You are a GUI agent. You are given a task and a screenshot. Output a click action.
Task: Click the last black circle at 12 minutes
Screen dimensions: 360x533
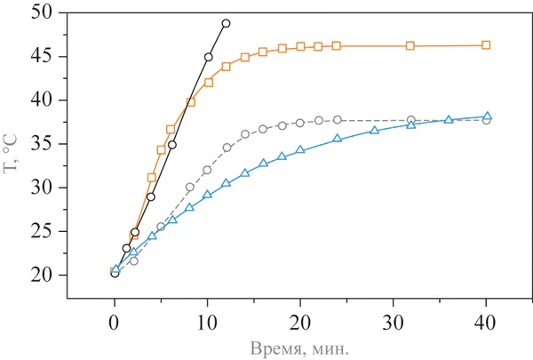226,23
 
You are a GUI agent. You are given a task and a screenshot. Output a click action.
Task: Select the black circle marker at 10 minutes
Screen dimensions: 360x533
208,57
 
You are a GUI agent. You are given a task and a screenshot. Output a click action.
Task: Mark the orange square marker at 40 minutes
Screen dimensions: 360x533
486,44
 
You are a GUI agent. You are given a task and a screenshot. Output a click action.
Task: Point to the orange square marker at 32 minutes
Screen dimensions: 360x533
410,45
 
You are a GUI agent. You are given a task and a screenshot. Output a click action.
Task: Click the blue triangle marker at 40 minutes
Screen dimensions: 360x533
486,116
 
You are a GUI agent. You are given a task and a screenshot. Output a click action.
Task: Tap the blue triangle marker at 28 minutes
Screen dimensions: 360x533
374,130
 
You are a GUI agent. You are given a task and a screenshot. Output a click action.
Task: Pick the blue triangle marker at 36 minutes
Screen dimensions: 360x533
449,119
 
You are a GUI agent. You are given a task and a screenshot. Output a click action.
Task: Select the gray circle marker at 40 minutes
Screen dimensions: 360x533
486,120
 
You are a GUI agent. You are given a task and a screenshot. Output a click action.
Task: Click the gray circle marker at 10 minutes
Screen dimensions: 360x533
207,170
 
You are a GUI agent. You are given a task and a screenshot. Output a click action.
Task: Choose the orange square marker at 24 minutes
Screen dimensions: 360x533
337,45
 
